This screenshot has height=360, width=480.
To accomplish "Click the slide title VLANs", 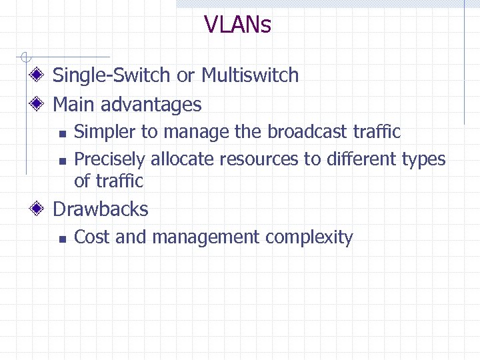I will pos(238,25).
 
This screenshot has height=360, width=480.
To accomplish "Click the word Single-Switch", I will pos(112,75).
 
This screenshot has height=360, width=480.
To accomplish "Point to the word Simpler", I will pos(103,132).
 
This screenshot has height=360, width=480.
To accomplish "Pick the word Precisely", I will pos(109,159).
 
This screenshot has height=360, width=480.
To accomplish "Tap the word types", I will pos(423,160).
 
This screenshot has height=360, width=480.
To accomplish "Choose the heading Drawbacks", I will pos(101,209).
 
